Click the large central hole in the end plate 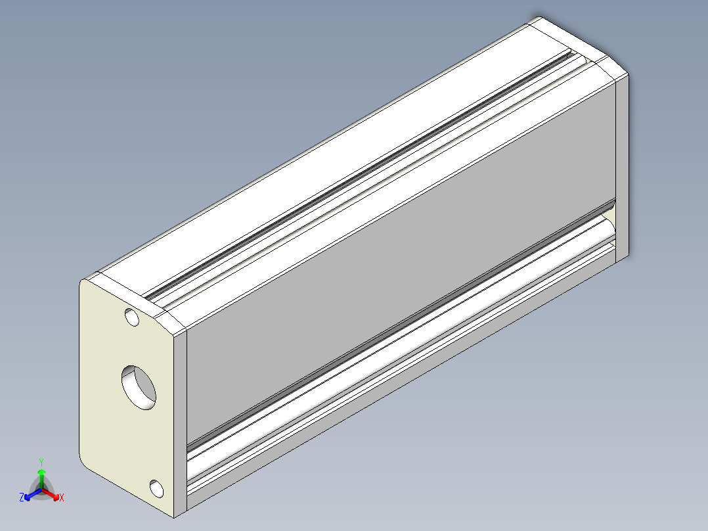coord(139,386)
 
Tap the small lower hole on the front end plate coord(156,488)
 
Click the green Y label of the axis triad coord(41,461)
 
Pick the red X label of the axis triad coord(61,498)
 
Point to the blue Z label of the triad coord(22,498)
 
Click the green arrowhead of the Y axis coord(41,473)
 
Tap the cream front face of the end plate coord(112,421)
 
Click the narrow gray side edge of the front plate coord(180,421)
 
